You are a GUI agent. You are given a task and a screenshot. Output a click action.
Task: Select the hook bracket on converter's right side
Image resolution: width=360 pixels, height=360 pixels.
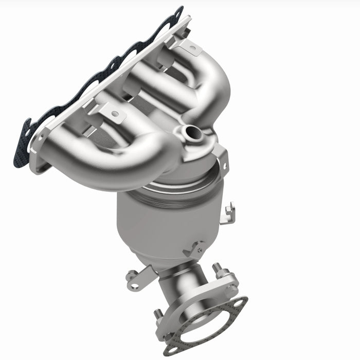228,212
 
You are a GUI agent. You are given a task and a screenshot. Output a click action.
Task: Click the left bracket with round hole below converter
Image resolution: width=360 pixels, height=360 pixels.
136,278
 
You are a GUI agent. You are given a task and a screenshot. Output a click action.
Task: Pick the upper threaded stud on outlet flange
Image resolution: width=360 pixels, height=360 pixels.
217,269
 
